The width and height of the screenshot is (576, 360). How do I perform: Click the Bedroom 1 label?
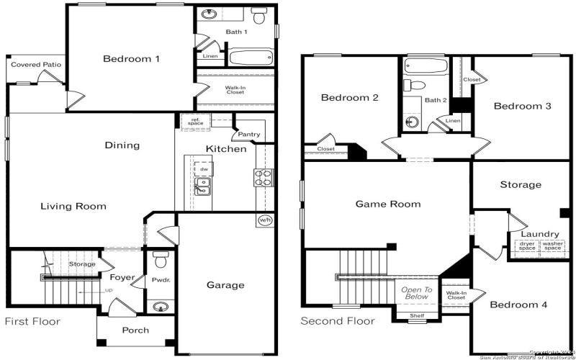(x=130, y=59)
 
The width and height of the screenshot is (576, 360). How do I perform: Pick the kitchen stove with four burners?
(x=263, y=177)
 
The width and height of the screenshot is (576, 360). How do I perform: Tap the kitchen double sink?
(x=203, y=188)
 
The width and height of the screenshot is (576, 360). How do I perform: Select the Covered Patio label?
(x=36, y=65)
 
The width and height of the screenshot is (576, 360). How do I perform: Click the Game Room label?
(x=387, y=204)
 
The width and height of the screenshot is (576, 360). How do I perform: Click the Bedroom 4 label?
(x=518, y=305)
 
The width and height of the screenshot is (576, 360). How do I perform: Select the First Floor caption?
(x=33, y=321)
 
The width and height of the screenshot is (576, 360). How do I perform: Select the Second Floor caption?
(x=338, y=321)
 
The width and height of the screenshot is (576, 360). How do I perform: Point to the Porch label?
(x=135, y=330)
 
